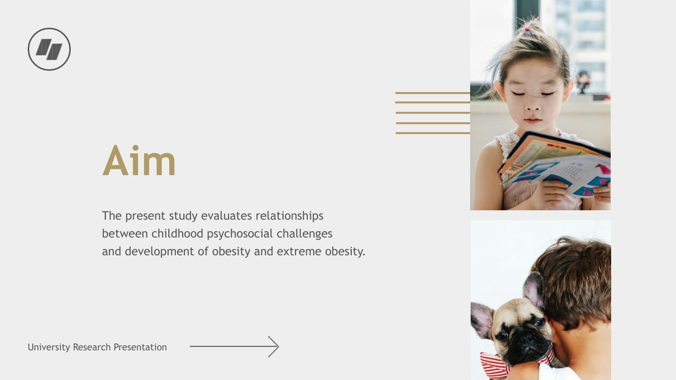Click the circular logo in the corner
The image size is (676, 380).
49,49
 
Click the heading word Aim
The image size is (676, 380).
139,161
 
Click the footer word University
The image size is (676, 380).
48,347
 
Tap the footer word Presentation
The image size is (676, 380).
140,347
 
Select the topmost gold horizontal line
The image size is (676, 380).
432,93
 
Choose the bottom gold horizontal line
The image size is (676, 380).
432,133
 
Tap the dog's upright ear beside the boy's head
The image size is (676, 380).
534,289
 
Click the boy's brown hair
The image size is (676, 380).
579,277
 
